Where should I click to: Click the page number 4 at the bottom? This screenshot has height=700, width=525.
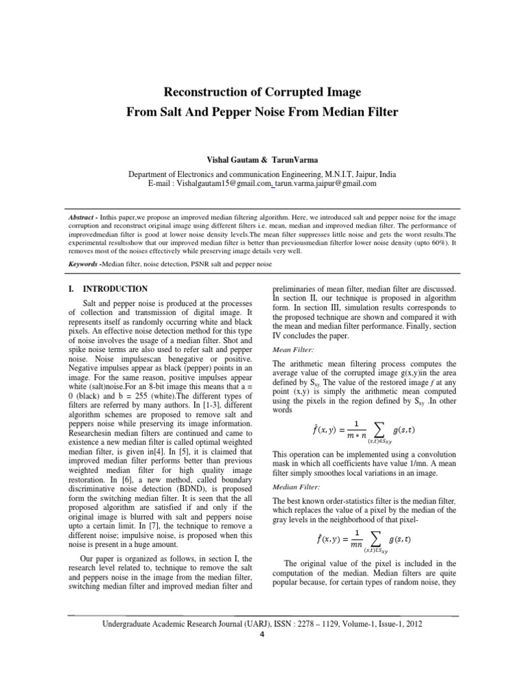click(x=262, y=634)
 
